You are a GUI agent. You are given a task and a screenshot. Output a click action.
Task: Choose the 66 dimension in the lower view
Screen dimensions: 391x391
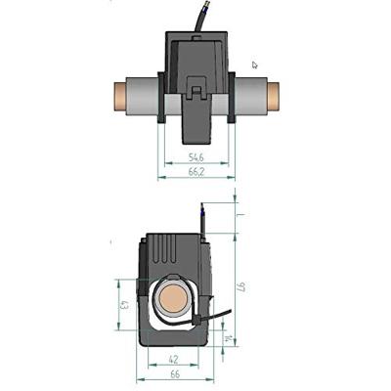(175, 374)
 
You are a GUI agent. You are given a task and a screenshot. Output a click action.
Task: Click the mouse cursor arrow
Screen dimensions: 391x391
(255, 65)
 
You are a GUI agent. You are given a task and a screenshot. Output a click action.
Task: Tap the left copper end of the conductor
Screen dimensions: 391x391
(120, 96)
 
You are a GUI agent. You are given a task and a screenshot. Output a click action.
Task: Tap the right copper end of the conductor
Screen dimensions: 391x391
(273, 96)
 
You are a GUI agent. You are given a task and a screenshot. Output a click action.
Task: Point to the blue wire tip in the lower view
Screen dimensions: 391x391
(202, 209)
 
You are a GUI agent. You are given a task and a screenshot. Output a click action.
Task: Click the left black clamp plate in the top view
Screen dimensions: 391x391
(161, 98)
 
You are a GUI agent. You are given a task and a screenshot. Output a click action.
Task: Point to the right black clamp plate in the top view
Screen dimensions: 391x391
(232, 98)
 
